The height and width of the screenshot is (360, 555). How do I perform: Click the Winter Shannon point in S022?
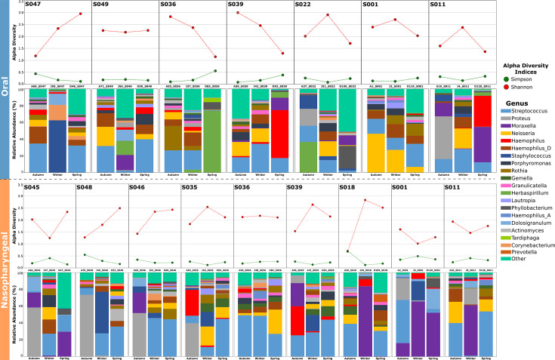coord(327,15)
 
